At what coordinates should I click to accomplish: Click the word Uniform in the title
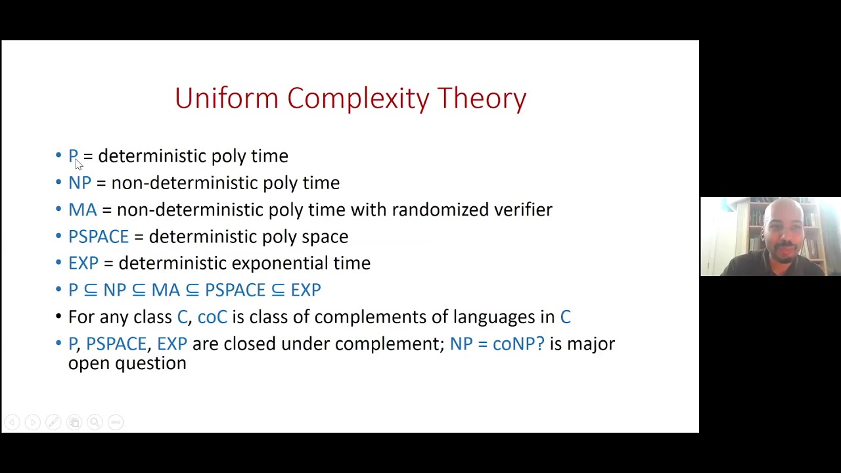227,99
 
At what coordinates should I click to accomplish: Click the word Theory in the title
482,99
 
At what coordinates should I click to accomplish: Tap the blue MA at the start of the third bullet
82,210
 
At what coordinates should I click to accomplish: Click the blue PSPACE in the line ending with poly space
99,236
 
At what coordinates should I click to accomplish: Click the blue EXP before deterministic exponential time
83,263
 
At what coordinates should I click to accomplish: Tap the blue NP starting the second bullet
80,183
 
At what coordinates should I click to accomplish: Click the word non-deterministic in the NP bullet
185,183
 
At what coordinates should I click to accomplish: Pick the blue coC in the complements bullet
212,317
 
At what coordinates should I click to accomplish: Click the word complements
370,317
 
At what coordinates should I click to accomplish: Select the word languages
494,317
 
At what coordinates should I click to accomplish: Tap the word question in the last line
150,363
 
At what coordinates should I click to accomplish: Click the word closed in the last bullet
250,344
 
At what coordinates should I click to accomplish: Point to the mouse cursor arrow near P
78,164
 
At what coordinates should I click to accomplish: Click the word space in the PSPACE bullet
325,236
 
